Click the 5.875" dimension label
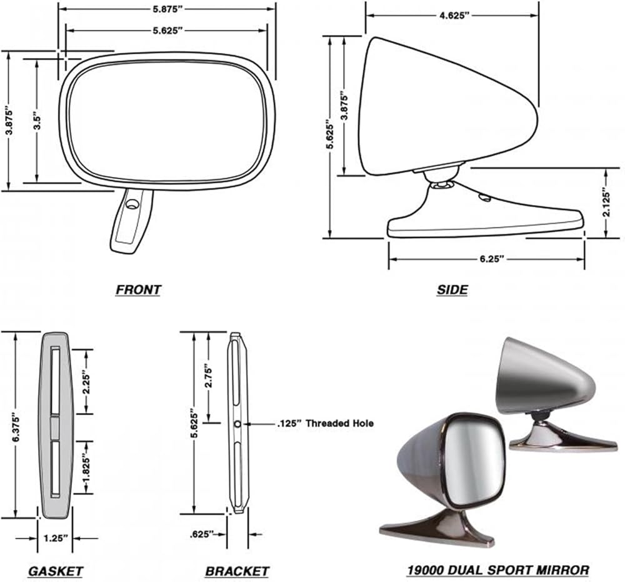(167, 9)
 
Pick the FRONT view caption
(138, 289)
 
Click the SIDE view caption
(451, 289)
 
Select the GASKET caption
(55, 571)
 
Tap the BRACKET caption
(237, 571)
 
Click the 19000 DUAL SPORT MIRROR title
(497, 569)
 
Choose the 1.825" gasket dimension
(86, 468)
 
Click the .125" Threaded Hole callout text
(325, 423)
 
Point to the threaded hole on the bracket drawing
(237, 424)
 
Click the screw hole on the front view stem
(132, 204)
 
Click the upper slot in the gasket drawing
(54, 381)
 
